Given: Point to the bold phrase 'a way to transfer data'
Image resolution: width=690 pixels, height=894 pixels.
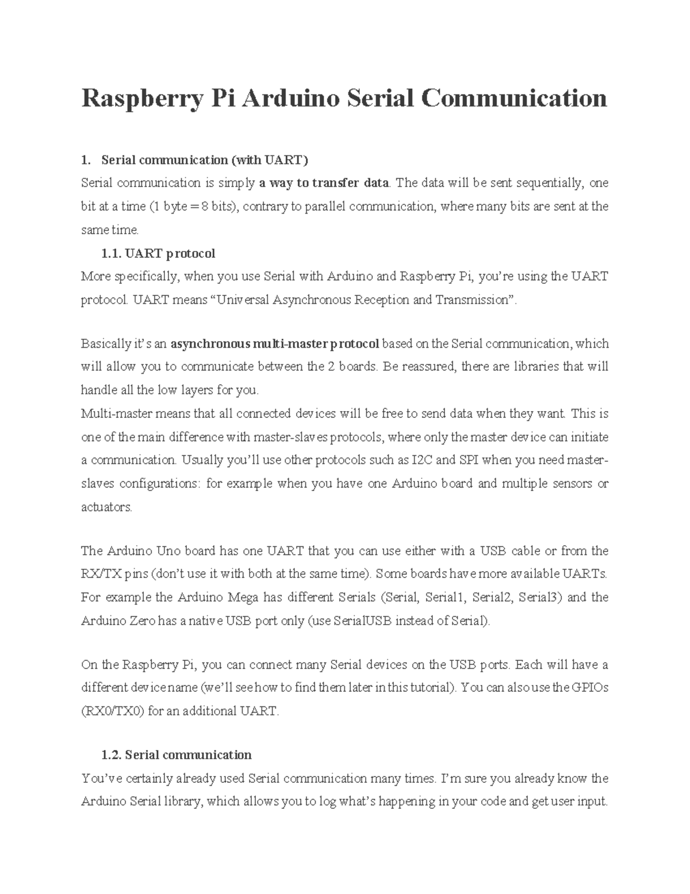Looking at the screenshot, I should click(324, 183).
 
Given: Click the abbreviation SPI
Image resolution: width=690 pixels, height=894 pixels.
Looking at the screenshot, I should click(469, 460).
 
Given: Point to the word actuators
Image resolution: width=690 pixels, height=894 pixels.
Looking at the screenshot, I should click(107, 507).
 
